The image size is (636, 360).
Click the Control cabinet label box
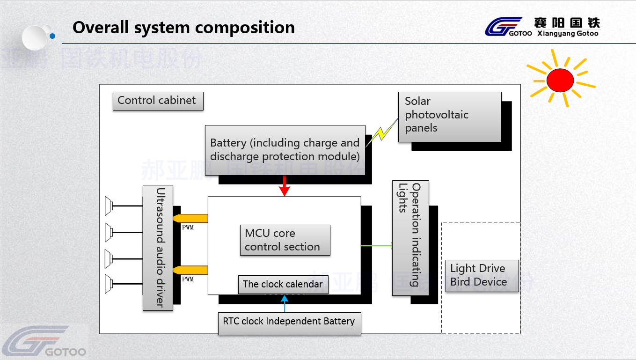158,101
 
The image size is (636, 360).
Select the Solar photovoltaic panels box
449,117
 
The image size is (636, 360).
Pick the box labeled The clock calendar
283,284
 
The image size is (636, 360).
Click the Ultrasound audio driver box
158,248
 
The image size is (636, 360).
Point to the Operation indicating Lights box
410,238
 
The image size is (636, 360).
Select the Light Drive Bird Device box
482,276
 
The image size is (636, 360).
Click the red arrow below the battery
285,186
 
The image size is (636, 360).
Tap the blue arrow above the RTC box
285,303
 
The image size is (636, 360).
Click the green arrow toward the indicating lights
377,245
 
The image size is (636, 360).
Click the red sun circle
560,80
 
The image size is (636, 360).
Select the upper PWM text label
188,228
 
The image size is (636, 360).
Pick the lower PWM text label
188,279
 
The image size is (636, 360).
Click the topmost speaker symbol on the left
109,205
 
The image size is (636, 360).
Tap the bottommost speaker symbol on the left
109,284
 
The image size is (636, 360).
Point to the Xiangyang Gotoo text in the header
568,34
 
